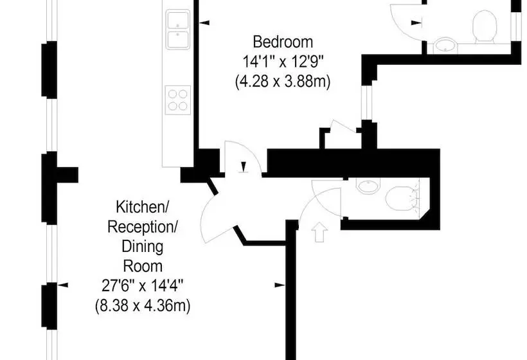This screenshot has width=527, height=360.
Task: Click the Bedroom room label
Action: click(x=283, y=42)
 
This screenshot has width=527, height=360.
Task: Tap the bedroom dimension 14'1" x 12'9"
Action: click(x=283, y=62)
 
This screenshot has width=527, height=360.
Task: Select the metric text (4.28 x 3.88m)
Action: click(x=283, y=82)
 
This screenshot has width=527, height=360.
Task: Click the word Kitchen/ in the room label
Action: click(x=142, y=207)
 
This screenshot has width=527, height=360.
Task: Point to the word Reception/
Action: click(x=142, y=227)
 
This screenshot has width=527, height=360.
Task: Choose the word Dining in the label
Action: click(x=143, y=246)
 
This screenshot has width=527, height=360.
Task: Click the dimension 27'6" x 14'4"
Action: click(x=143, y=286)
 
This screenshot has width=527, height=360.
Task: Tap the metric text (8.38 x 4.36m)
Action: click(x=143, y=306)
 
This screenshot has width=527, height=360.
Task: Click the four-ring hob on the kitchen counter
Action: click(x=178, y=100)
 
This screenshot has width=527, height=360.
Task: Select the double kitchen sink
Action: click(x=178, y=30)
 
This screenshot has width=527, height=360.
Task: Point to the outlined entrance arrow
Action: click(x=319, y=231)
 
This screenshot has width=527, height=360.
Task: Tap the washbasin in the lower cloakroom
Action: click(x=368, y=186)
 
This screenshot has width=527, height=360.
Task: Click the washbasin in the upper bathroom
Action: click(x=445, y=45)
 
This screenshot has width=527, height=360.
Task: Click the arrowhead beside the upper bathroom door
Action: click(x=416, y=23)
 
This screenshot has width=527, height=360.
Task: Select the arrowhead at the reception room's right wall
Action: click(x=280, y=285)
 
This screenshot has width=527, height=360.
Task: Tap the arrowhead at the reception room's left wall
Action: click(x=63, y=285)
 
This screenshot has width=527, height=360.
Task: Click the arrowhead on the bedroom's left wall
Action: click(x=204, y=23)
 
